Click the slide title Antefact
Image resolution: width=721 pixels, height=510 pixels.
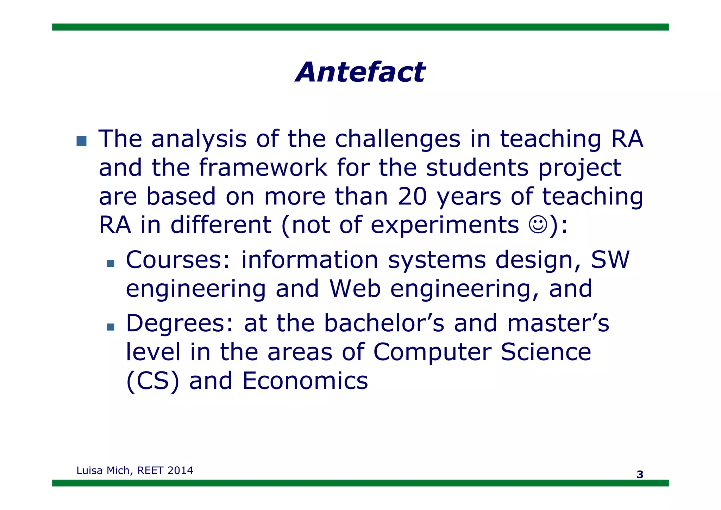(x=360, y=72)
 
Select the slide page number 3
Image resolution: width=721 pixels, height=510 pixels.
(x=640, y=474)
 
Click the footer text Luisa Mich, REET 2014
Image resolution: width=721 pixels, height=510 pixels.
(x=135, y=471)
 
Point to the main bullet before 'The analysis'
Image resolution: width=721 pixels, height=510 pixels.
(x=81, y=141)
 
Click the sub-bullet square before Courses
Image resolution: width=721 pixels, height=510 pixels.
(x=111, y=263)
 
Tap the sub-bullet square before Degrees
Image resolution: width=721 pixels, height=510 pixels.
(x=111, y=327)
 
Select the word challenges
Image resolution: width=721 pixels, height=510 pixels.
(x=397, y=139)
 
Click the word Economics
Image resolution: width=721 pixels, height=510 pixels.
(x=305, y=381)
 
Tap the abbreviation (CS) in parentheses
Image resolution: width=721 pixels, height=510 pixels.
(x=152, y=381)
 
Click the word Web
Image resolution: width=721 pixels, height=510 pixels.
(x=355, y=289)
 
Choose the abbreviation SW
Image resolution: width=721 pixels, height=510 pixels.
(x=610, y=260)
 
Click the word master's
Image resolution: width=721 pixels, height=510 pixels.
(x=558, y=323)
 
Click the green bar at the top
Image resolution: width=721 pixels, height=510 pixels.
(x=360, y=27)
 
